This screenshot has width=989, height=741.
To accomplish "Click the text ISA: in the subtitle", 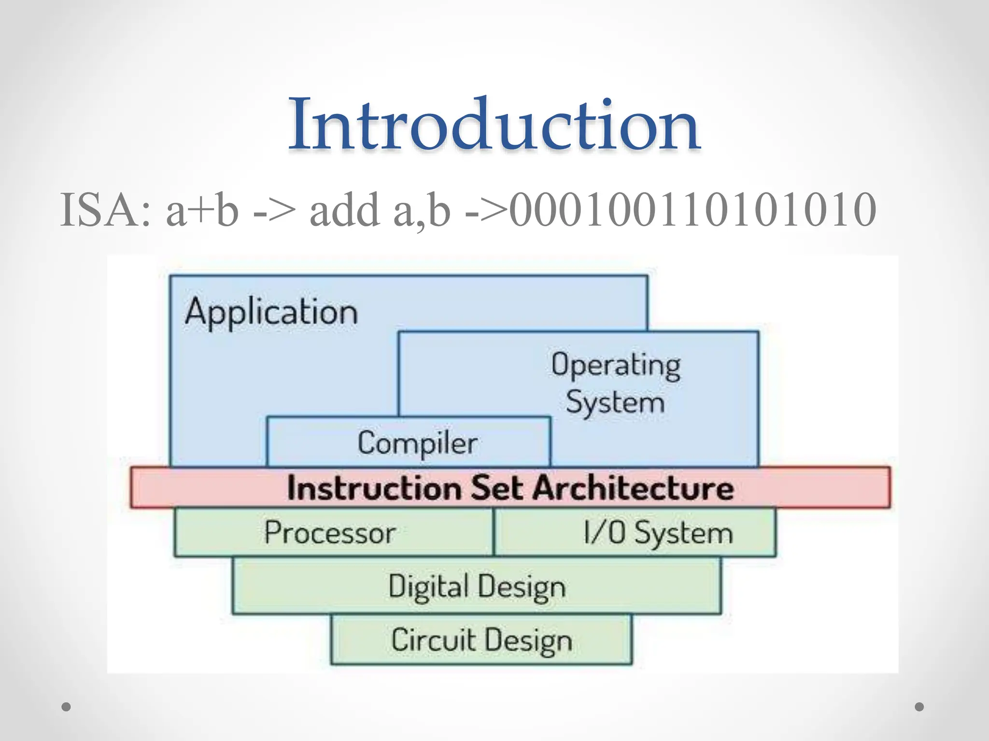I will pos(105,210).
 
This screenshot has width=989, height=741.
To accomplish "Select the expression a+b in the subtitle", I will pos(202,210).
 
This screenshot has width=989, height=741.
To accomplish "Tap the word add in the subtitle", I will pos(344,210).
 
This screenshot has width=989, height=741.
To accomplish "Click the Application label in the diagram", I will pos(271,312).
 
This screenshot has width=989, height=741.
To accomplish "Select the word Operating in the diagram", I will pos(616,365).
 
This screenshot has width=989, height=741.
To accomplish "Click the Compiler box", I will pos(417,443).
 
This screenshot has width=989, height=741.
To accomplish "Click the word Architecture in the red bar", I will pos(634,488).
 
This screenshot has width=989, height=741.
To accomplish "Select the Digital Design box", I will pos(477,587).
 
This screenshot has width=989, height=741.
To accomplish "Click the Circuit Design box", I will pos(481,640).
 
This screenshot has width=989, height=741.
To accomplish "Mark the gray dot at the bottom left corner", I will pos(66,707).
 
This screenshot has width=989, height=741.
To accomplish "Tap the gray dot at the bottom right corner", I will pos(919,707).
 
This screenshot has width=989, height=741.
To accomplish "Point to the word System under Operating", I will pos(615,403).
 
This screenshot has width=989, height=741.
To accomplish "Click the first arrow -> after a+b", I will pos(274,211).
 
